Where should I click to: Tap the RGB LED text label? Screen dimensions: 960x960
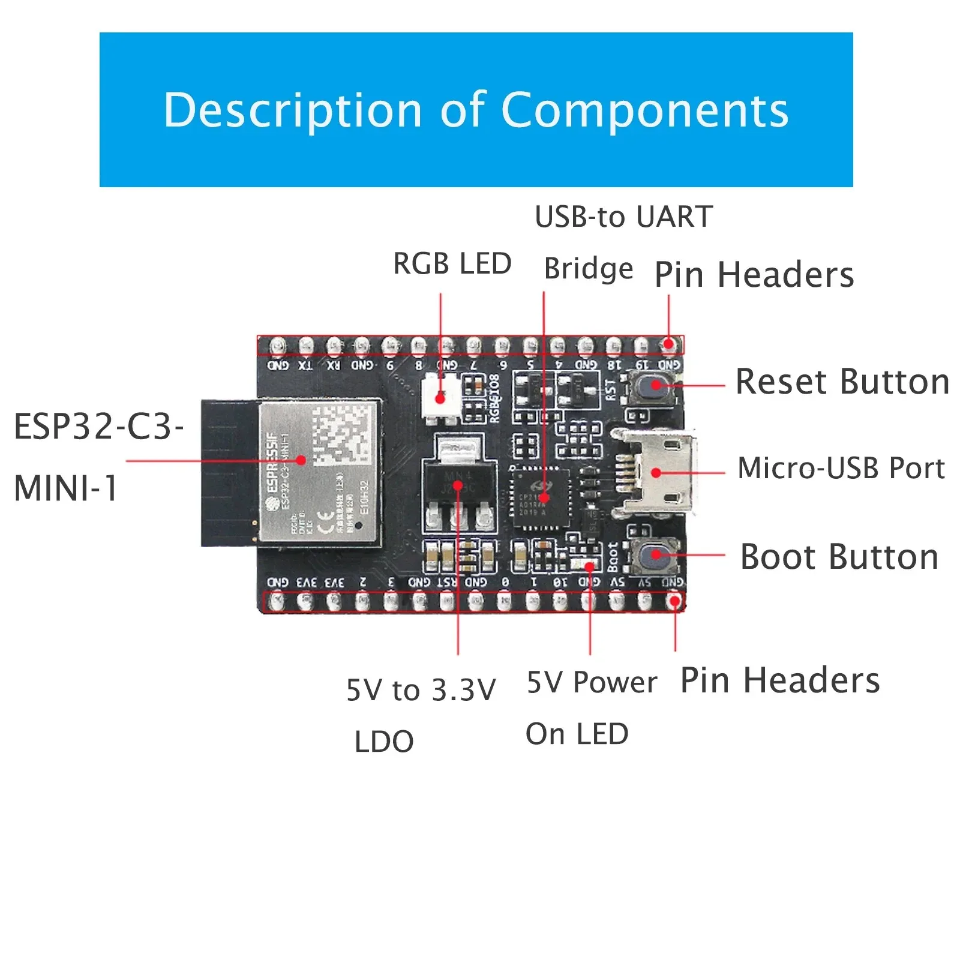pyautogui.click(x=452, y=264)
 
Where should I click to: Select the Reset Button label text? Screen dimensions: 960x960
pyautogui.click(x=842, y=382)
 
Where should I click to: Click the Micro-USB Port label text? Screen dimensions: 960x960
pyautogui.click(x=841, y=469)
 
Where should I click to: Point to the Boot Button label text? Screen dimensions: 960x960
pyautogui.click(x=839, y=557)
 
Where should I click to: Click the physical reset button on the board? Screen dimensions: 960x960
pyautogui.click(x=655, y=385)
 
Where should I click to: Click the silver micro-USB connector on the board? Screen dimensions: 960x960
pyautogui.click(x=660, y=472)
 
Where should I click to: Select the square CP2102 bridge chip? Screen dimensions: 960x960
pyautogui.click(x=541, y=497)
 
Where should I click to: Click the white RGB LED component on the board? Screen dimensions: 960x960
pyautogui.click(x=441, y=397)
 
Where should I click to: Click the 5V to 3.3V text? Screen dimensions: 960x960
pyautogui.click(x=421, y=690)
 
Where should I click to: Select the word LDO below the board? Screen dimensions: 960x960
pyautogui.click(x=384, y=742)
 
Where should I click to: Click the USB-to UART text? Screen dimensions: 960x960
pyautogui.click(x=623, y=217)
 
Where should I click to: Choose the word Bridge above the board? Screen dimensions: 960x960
pyautogui.click(x=588, y=269)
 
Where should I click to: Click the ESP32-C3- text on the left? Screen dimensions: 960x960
pyautogui.click(x=98, y=427)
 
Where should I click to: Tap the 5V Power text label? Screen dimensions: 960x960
pyautogui.click(x=592, y=683)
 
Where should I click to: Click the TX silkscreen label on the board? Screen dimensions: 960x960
pyautogui.click(x=305, y=365)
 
